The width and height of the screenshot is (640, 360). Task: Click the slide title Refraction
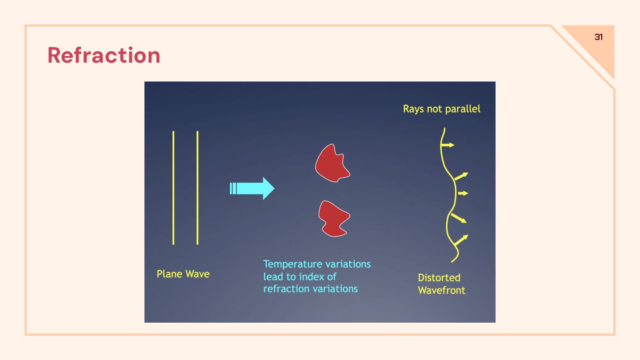[104, 56]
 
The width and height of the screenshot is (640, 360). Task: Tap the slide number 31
[599, 37]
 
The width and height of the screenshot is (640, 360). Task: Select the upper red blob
[332, 163]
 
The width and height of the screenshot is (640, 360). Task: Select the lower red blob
[333, 218]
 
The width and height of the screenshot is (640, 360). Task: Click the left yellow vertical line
[173, 188]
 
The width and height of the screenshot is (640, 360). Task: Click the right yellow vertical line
[197, 188]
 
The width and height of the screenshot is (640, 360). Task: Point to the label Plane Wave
[183, 274]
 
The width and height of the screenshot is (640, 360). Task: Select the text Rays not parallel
[441, 109]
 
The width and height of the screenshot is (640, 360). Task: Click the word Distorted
[439, 278]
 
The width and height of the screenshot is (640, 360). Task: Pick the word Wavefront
[441, 291]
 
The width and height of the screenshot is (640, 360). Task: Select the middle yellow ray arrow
[463, 193]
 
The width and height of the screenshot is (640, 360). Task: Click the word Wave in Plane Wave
[198, 274]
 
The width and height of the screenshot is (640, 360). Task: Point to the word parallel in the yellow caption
[463, 109]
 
